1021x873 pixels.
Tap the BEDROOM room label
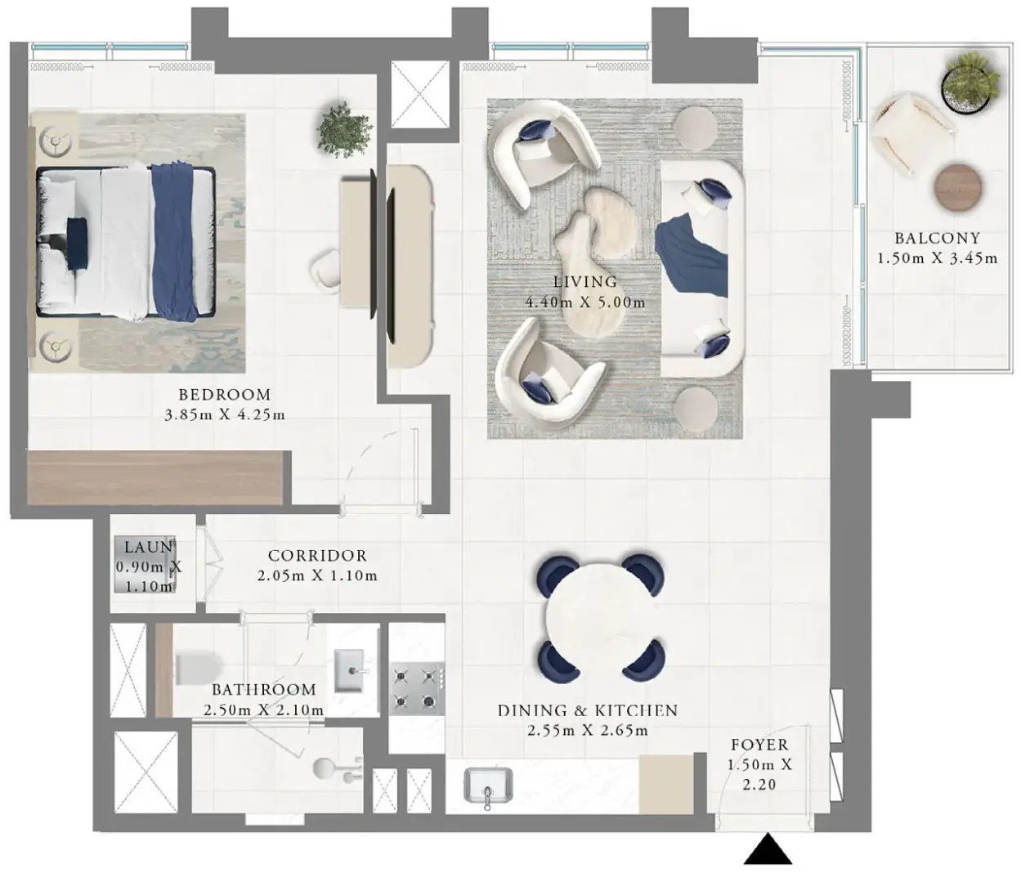click(x=225, y=395)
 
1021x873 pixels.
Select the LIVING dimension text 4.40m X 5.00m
click(x=585, y=302)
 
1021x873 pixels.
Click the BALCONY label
click(x=937, y=238)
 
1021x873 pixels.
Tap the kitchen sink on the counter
click(x=488, y=786)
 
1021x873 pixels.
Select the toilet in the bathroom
click(x=196, y=667)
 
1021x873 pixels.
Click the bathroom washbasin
click(x=350, y=671)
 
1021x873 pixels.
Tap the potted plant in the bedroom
click(x=344, y=130)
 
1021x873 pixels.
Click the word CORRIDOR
click(x=318, y=556)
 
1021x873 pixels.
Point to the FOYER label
click(x=759, y=745)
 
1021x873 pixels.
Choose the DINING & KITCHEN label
click(x=588, y=710)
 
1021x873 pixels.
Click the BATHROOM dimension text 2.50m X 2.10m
click(x=264, y=710)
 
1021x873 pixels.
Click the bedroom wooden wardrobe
click(x=154, y=477)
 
